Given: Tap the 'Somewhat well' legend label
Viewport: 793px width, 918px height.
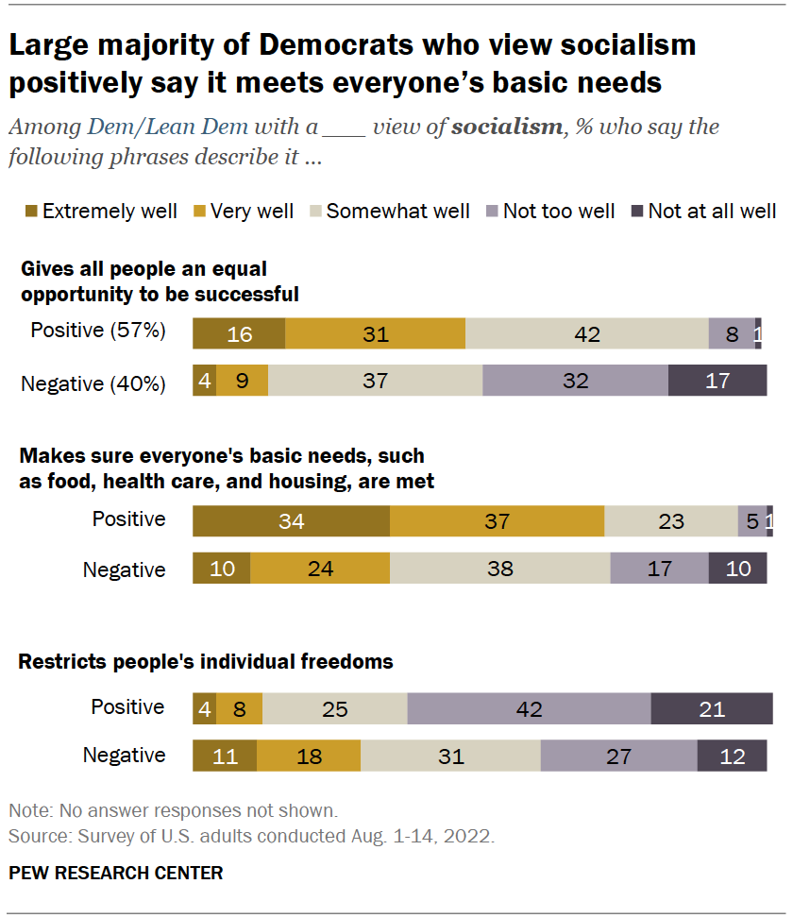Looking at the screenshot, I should click(397, 212).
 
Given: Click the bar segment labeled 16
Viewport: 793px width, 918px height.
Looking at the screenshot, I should click(239, 334).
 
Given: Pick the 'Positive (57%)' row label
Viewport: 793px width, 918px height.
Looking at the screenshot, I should click(98, 331).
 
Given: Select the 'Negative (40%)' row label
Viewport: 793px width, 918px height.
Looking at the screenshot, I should click(93, 383).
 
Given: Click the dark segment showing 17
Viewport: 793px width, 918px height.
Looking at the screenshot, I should click(717, 381).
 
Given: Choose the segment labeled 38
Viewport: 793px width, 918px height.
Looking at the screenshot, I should click(499, 569).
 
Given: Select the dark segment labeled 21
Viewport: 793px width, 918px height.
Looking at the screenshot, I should click(712, 709).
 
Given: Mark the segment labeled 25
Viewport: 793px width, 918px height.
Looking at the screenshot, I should click(335, 709).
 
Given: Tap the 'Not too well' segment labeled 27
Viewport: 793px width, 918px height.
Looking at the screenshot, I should click(618, 756).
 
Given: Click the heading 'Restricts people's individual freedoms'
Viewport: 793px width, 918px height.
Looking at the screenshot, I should click(206, 661).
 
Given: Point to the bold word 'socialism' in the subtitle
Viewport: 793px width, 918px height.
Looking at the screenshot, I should click(506, 127).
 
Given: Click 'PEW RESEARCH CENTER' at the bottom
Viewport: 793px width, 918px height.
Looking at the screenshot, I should click(116, 873).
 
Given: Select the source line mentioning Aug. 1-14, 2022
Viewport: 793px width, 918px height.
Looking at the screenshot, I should click(251, 836).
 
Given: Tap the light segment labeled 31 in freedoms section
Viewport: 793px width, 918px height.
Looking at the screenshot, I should click(450, 756).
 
